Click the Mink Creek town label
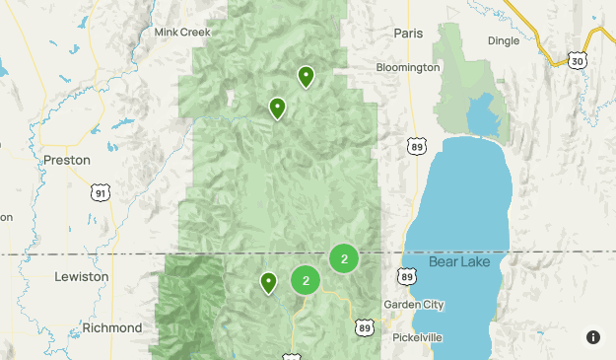pos(182,33)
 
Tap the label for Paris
pos(407,33)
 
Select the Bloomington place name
pos(407,68)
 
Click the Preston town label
pos(67,160)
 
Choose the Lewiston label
pos(81,277)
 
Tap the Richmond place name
pos(112,327)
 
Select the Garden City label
pos(414,305)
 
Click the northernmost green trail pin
pos(306,75)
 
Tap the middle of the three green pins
pos(277,107)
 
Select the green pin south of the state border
pos(268,283)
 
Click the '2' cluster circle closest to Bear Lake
pos(344,259)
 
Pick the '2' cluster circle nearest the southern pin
pos(306,280)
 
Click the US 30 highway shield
pos(577,60)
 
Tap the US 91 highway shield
pos(100,193)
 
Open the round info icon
pos(593,337)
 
